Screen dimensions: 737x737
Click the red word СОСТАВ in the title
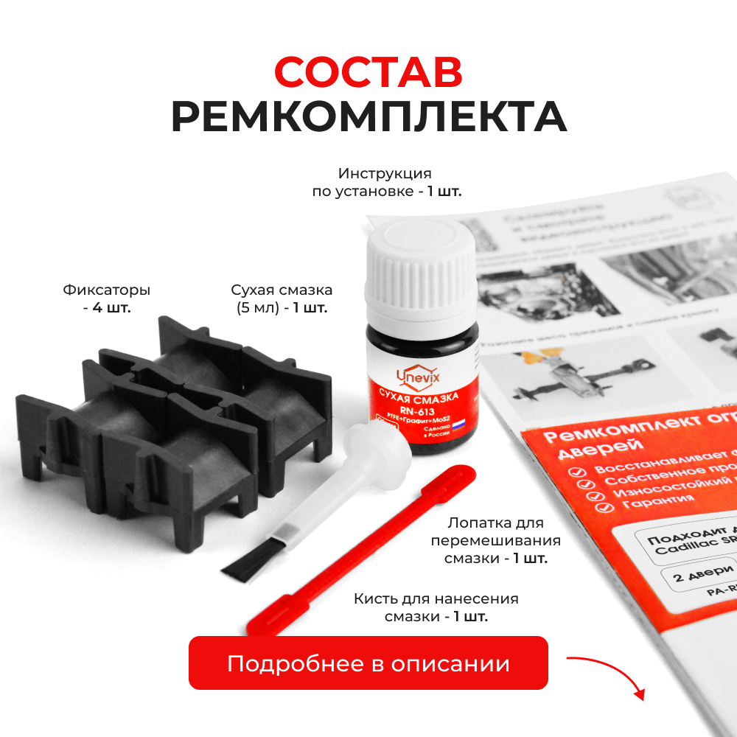tap(368, 72)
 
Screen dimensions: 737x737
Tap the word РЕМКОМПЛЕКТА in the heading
tap(368, 116)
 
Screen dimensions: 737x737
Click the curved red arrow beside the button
tap(608, 674)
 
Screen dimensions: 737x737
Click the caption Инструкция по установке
tap(385, 182)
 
